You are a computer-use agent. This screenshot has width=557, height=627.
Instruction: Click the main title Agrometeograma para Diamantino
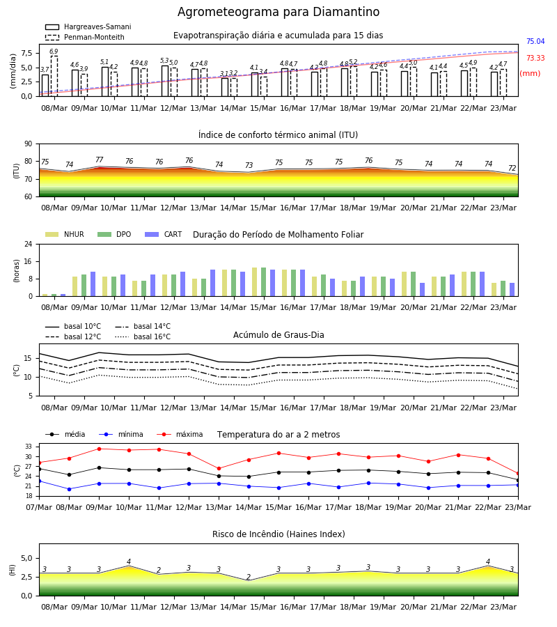click(x=278, y=12)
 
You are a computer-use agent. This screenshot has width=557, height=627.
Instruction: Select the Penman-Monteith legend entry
click(x=85, y=37)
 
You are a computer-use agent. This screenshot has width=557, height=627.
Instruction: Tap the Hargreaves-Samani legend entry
click(x=88, y=26)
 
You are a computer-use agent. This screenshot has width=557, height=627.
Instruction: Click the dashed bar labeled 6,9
click(x=54, y=76)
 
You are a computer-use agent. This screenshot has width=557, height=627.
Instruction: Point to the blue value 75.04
click(x=535, y=42)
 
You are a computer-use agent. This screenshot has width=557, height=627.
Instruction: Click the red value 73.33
click(x=535, y=58)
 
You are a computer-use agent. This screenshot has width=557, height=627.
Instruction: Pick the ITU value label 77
click(x=99, y=160)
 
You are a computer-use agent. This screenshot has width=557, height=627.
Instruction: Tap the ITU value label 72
click(x=512, y=168)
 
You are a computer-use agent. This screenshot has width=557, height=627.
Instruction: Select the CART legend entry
click(x=164, y=234)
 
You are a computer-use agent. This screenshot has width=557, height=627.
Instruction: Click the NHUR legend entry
click(x=65, y=234)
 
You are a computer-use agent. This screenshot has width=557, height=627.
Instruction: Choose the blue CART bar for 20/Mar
click(x=423, y=290)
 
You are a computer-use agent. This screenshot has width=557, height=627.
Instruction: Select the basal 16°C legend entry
click(x=143, y=336)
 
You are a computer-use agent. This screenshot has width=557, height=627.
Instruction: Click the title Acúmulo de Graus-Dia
click(x=278, y=335)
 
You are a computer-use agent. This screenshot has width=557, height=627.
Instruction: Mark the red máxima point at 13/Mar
click(x=219, y=468)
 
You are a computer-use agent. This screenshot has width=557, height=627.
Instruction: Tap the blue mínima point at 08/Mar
click(x=69, y=489)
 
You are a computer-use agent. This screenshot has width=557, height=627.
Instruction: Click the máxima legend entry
click(x=180, y=434)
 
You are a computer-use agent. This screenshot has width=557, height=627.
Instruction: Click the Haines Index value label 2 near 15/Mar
click(x=249, y=577)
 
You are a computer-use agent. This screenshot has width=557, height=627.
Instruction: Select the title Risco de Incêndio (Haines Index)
click(x=278, y=534)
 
